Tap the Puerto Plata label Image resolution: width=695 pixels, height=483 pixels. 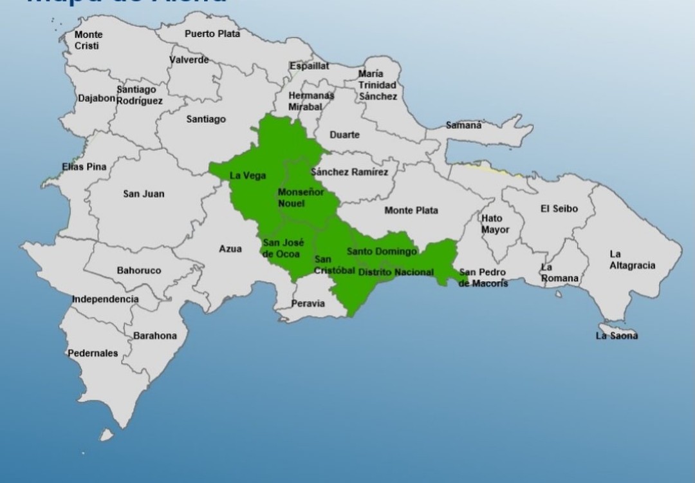212,33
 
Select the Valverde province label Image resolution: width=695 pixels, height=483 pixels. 189,60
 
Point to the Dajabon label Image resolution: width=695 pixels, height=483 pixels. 97,99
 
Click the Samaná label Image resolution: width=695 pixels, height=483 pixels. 464,125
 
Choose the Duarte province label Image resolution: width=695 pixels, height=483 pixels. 344,135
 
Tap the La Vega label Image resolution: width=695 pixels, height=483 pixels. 248,176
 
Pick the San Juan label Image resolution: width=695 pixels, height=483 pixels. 144,193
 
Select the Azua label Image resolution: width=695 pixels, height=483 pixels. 230,249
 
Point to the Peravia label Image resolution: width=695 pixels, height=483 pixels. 308,303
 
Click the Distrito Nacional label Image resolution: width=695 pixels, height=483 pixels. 396,272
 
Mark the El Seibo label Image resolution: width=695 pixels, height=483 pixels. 559,209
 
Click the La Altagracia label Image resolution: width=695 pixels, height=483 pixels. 633,260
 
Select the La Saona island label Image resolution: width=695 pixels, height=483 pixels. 616,336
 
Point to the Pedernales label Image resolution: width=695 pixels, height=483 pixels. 93,353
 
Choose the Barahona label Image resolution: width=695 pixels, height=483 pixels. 155,336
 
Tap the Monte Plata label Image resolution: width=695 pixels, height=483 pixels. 411,210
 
